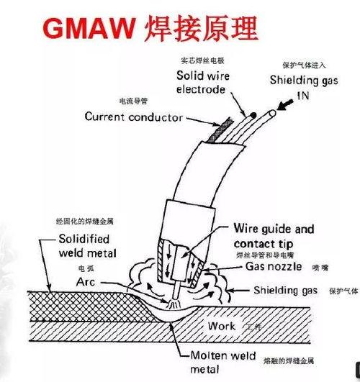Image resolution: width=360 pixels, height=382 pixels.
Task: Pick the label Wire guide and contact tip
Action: (274, 236)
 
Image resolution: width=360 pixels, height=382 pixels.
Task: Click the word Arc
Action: (86, 283)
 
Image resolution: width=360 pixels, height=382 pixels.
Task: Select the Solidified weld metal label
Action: (84, 246)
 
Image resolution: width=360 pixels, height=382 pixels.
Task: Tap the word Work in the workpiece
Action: (222, 326)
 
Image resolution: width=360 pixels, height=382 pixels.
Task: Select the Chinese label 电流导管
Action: (133, 101)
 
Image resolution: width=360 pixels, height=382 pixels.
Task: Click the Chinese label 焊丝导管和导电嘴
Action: (266, 255)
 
